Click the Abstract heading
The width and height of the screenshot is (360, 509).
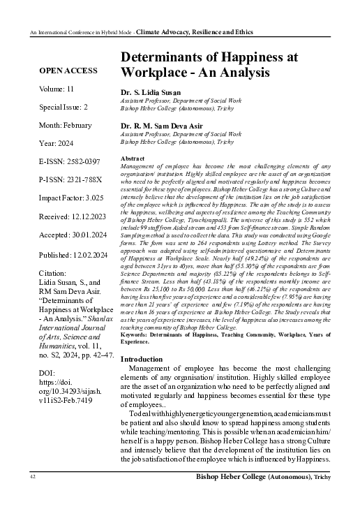[x=132, y=160]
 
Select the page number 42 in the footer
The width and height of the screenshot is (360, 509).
[x=32, y=496]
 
